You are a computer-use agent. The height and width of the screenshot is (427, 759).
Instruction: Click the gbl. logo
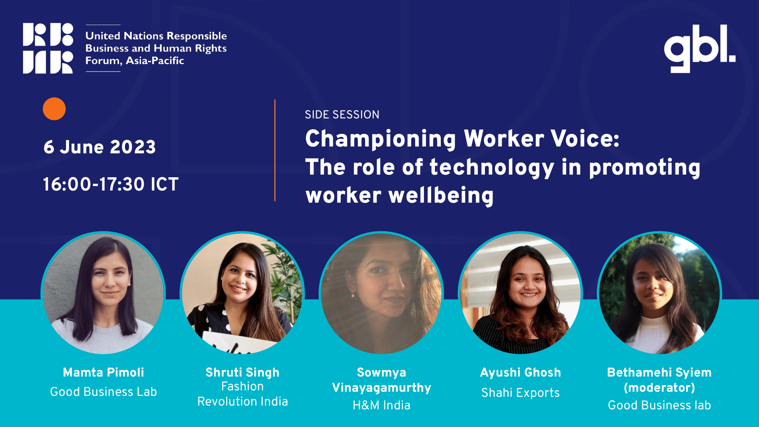click(x=699, y=48)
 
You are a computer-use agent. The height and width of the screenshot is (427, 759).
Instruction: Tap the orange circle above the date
click(x=54, y=109)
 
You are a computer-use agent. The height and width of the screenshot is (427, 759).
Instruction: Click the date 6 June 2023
click(x=99, y=147)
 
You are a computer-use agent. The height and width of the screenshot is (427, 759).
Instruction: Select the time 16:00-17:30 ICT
click(x=110, y=184)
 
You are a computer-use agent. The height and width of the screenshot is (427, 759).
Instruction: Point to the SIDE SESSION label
click(x=342, y=115)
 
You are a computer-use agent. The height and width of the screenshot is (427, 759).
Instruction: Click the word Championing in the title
click(x=381, y=139)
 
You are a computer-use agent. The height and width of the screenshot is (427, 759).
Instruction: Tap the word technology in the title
click(x=492, y=167)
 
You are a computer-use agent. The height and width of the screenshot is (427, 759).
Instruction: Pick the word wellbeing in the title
click(x=441, y=196)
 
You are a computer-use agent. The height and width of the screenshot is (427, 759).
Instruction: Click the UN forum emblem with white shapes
click(x=48, y=48)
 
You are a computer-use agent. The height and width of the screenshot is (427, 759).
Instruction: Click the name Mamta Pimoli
click(x=104, y=372)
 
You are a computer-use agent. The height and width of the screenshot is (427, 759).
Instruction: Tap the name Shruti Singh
click(x=243, y=372)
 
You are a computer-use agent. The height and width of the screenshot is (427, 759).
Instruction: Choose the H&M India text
click(x=381, y=405)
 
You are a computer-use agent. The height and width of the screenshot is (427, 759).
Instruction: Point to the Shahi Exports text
click(x=520, y=393)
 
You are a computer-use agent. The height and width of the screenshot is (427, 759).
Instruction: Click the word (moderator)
click(x=660, y=388)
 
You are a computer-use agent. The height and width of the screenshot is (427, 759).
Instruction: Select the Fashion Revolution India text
click(x=243, y=394)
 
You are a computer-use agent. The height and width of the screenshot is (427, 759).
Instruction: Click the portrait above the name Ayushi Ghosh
click(x=520, y=293)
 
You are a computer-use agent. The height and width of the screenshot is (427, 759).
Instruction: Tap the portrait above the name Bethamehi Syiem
click(x=660, y=293)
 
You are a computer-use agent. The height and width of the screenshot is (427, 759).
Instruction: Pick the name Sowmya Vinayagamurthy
click(x=381, y=380)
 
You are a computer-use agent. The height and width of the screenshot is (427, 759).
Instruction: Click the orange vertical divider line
click(x=275, y=150)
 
